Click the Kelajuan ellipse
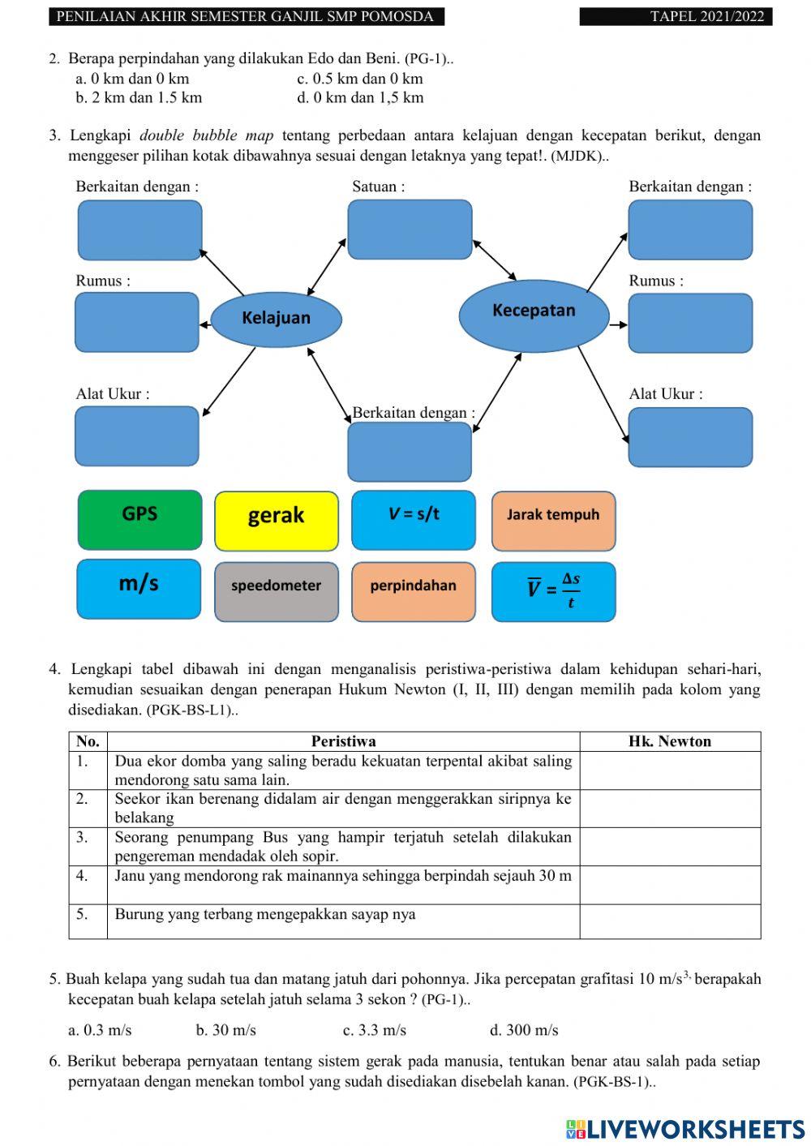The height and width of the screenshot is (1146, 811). coord(276,318)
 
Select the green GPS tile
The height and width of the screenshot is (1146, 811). coord(139,520)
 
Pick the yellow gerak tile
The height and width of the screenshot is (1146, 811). coord(276,521)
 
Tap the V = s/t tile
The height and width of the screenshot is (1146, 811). coord(414,520)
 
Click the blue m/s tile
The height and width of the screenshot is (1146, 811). coord(139,589)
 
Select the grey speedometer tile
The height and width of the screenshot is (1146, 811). coord(276,591)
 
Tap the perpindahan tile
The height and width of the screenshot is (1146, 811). coord(414,591)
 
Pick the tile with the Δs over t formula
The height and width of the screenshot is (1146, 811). coord(553,591)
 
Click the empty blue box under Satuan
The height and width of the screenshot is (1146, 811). coord(410,230)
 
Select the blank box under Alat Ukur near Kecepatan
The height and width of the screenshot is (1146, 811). coord(690,437)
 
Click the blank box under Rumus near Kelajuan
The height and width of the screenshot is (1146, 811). coord(137,322)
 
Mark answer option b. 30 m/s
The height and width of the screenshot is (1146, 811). coord(225,1030)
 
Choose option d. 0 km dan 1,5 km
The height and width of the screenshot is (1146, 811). coord(360,98)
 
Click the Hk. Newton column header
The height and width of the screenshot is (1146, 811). coord(669,741)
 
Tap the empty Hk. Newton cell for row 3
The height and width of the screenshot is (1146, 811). coord(669,846)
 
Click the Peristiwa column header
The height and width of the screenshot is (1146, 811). coord(343,741)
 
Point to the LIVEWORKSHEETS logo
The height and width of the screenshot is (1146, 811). coord(684,1129)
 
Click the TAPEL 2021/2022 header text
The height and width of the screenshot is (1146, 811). coord(706,16)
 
